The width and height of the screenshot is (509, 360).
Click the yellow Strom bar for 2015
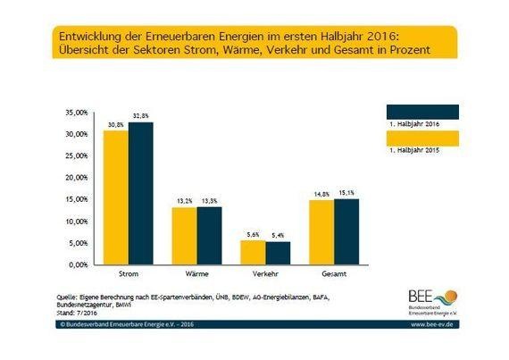coord(115,197)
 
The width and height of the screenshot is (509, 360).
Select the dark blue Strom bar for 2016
coord(140,193)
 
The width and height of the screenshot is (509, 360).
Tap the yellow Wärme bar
coord(184,236)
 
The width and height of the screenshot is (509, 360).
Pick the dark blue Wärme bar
coord(208,236)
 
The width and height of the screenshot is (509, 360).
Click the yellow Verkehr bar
coord(253,253)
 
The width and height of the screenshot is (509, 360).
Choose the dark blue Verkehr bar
coord(278,253)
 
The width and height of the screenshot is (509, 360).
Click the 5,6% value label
coord(253,235)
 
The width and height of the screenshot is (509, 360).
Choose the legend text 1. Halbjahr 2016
coord(411,125)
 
